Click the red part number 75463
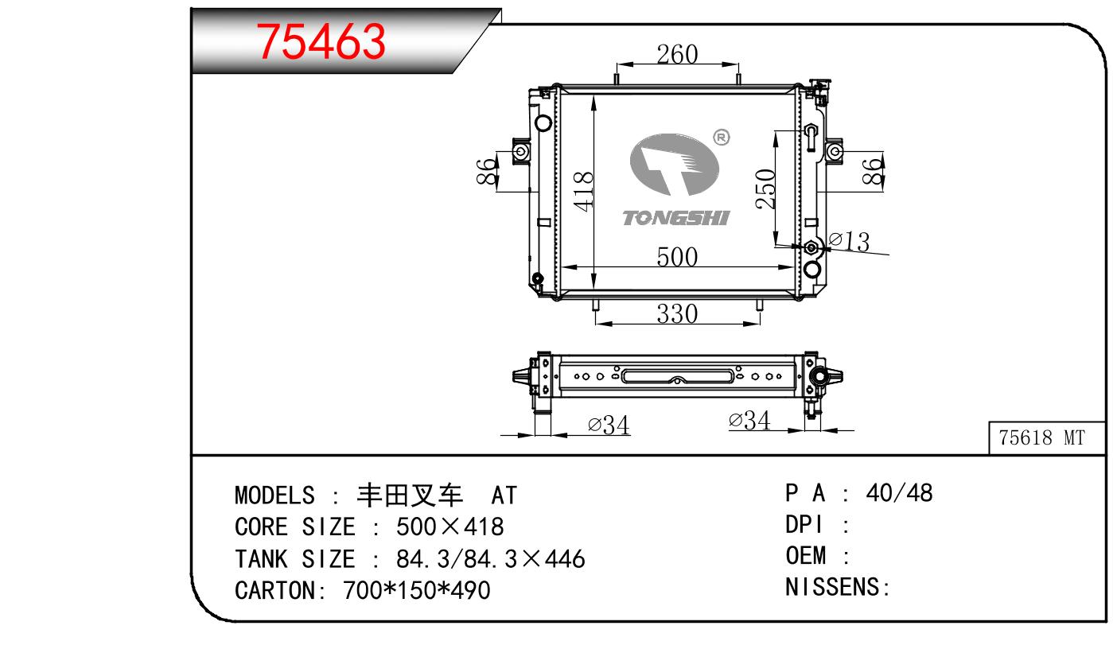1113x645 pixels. [321, 41]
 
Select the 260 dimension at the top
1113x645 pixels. [677, 54]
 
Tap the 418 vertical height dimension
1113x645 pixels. [584, 191]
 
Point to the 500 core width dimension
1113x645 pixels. [677, 257]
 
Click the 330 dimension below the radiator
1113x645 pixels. [677, 313]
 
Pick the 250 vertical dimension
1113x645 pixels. [766, 188]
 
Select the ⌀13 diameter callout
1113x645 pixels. [850, 241]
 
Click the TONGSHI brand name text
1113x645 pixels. [675, 217]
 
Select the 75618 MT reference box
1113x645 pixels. [1041, 438]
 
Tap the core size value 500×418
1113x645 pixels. [450, 526]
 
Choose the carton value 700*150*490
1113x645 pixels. [416, 590]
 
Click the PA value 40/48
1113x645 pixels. [899, 493]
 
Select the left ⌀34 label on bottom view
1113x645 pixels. [609, 425]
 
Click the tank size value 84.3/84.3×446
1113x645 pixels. [490, 558]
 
